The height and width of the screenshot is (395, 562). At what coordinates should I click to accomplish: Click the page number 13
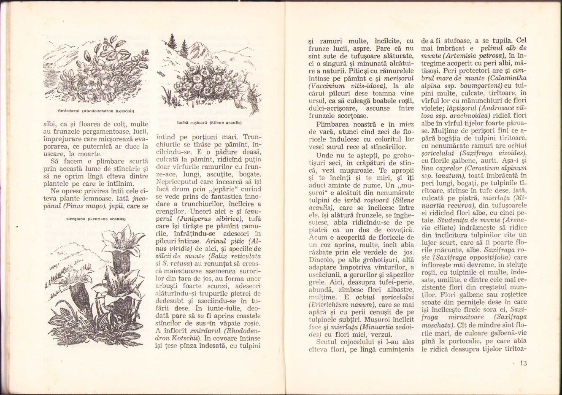[x=524, y=363]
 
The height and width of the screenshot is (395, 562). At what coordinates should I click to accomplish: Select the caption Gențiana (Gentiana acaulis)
[x=96, y=219]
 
